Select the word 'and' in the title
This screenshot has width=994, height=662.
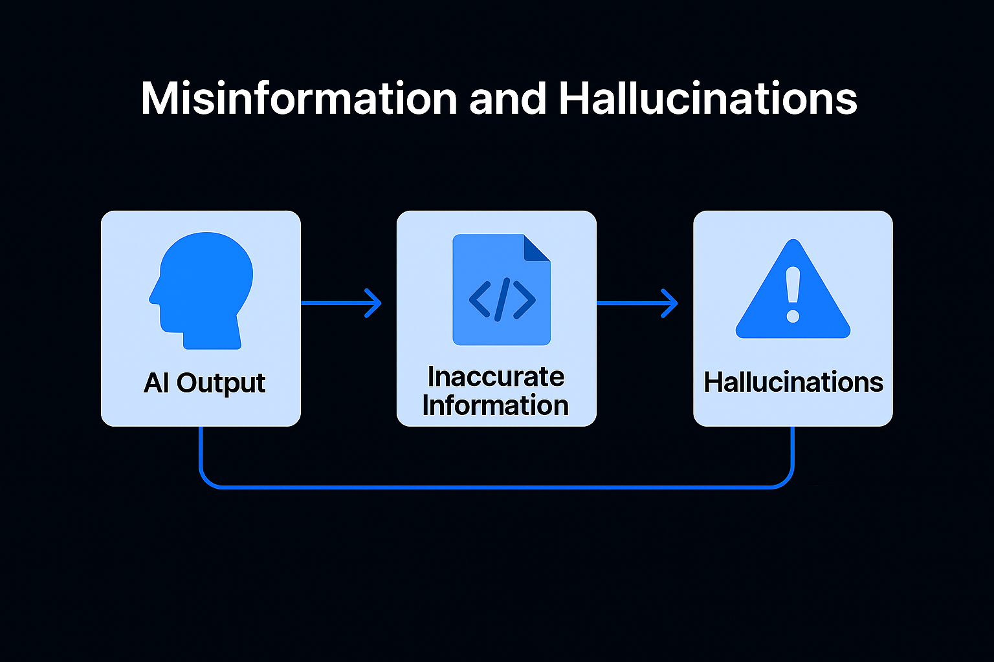click(x=508, y=99)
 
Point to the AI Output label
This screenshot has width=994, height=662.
click(x=204, y=383)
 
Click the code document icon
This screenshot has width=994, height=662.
click(x=501, y=290)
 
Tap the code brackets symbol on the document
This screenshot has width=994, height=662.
click(x=502, y=300)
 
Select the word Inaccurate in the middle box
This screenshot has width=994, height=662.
click(x=496, y=376)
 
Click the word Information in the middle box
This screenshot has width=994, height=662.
click(x=496, y=405)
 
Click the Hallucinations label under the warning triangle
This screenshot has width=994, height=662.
click(x=793, y=382)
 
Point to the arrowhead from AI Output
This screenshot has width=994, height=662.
click(x=373, y=303)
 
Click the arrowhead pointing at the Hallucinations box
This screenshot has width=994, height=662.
click(x=670, y=303)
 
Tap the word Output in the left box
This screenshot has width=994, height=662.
click(x=221, y=383)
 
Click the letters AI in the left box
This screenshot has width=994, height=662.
click(x=157, y=383)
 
